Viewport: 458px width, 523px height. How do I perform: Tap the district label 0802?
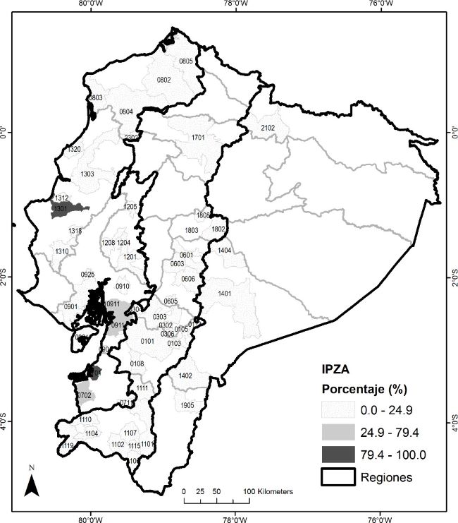click(163, 80)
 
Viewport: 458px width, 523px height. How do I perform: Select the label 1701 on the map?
click(198, 137)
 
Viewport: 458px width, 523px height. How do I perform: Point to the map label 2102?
click(268, 128)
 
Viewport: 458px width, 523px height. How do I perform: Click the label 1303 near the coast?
click(88, 174)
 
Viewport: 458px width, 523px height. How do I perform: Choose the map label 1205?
click(130, 207)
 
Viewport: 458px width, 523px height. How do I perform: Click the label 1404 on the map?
click(225, 251)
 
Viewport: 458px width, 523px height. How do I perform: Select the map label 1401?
click(225, 293)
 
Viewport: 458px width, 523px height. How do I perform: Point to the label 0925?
click(88, 274)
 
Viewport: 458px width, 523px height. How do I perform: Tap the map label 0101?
click(147, 341)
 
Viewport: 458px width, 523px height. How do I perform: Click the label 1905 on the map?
click(187, 405)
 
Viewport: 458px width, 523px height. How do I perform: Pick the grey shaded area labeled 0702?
click(84, 395)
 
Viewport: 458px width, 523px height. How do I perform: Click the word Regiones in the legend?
click(387, 478)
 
